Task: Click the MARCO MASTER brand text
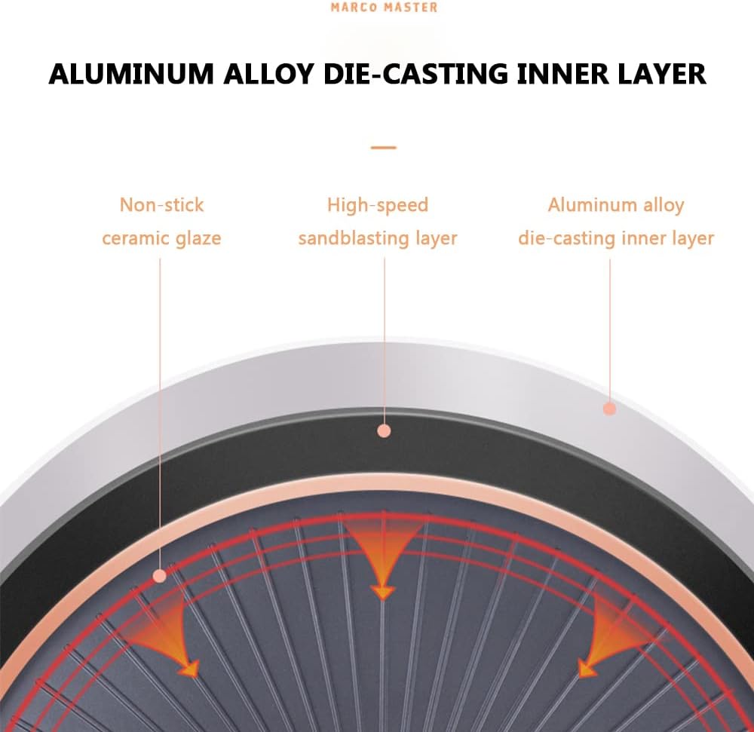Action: [385, 8]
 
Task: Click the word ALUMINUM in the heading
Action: [130, 74]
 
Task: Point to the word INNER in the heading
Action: [562, 74]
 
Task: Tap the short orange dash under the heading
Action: [383, 148]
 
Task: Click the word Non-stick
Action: [161, 205]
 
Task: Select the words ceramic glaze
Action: [161, 238]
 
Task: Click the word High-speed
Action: [378, 205]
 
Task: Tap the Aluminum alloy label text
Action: [616, 205]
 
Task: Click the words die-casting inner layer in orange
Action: [616, 238]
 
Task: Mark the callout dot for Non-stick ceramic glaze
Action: [160, 576]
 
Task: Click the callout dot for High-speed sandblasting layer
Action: [384, 430]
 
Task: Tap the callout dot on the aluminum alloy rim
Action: [610, 409]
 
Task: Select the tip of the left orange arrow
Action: [195, 675]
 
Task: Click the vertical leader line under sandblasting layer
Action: [385, 341]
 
